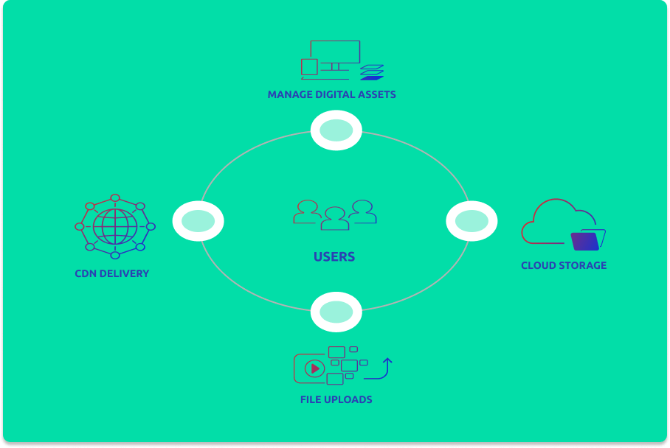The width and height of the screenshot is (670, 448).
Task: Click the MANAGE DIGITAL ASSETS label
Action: (x=331, y=94)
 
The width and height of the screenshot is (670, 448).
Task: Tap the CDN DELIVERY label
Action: (x=111, y=273)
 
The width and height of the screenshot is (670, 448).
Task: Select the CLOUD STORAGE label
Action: (x=564, y=265)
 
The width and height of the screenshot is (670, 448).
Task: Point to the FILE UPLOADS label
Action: (x=336, y=399)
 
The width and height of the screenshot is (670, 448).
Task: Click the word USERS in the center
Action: (x=334, y=257)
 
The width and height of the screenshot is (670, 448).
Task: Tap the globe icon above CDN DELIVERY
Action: (x=115, y=226)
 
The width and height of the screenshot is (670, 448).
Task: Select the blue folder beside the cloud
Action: (x=588, y=240)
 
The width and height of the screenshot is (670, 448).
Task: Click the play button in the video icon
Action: (x=315, y=368)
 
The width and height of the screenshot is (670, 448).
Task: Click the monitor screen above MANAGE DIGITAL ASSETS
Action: (x=335, y=52)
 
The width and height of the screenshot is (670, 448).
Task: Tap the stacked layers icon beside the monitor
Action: (x=372, y=72)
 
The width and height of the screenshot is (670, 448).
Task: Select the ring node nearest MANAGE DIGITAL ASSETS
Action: (x=336, y=130)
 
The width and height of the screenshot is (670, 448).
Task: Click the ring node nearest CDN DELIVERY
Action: (x=198, y=221)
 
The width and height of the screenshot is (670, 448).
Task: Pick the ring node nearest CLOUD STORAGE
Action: (x=472, y=220)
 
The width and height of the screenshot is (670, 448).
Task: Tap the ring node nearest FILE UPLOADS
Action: (x=336, y=312)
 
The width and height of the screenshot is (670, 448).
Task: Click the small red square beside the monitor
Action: (x=309, y=67)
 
